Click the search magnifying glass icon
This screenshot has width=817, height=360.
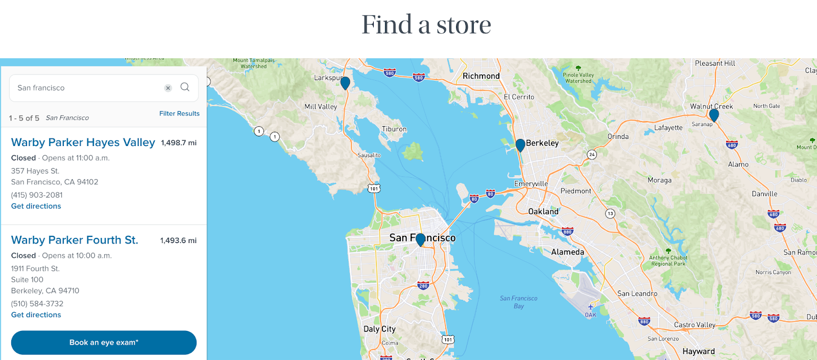click(185, 87)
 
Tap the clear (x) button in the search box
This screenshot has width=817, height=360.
click(168, 88)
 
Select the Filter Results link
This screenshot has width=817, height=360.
click(179, 113)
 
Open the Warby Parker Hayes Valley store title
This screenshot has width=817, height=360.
click(83, 142)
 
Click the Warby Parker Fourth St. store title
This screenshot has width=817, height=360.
click(75, 240)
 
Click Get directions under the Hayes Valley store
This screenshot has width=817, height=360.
click(36, 206)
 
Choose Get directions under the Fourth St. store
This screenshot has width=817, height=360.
click(36, 315)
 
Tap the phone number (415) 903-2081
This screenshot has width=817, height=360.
click(37, 195)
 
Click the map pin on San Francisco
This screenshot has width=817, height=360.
click(420, 239)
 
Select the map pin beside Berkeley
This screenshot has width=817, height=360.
click(520, 145)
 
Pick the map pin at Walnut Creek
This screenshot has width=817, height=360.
click(714, 115)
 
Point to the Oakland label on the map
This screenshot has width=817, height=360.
click(543, 211)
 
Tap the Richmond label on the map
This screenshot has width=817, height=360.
click(481, 76)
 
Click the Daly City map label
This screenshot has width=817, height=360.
click(379, 329)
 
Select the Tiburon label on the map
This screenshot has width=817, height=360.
click(394, 129)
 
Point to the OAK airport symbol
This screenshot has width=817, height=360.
click(590, 307)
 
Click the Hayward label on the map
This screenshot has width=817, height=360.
click(699, 351)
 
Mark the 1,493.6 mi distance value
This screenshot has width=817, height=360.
click(178, 241)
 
